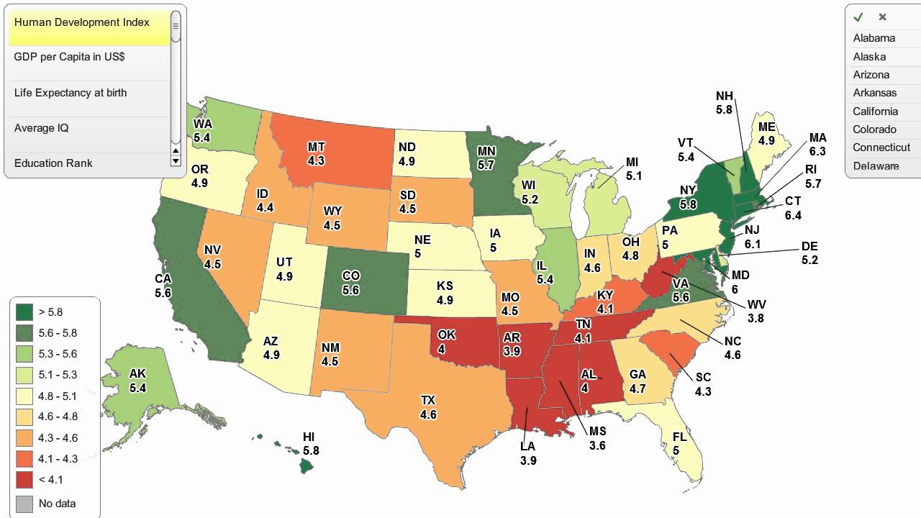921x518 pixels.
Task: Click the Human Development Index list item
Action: (82, 22)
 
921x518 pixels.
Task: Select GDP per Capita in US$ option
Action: (70, 57)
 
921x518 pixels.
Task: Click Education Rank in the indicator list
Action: (53, 163)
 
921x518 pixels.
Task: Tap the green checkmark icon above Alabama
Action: (858, 17)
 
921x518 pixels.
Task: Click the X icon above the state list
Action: (882, 17)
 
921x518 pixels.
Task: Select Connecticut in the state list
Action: (881, 147)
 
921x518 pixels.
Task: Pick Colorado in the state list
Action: (874, 129)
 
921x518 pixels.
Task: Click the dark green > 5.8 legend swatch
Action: (24, 312)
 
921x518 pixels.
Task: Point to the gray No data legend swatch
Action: (24, 504)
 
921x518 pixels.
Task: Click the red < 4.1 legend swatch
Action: (24, 480)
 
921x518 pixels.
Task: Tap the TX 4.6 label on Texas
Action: (428, 407)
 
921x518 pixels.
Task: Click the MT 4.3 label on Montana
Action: (316, 154)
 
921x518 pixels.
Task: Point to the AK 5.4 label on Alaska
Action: (137, 381)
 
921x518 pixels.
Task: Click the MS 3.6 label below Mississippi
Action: (597, 438)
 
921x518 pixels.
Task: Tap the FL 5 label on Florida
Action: (679, 444)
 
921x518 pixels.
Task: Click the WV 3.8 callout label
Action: (756, 312)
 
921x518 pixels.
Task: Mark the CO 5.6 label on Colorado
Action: (350, 283)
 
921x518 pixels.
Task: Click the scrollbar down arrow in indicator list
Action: (176, 161)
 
